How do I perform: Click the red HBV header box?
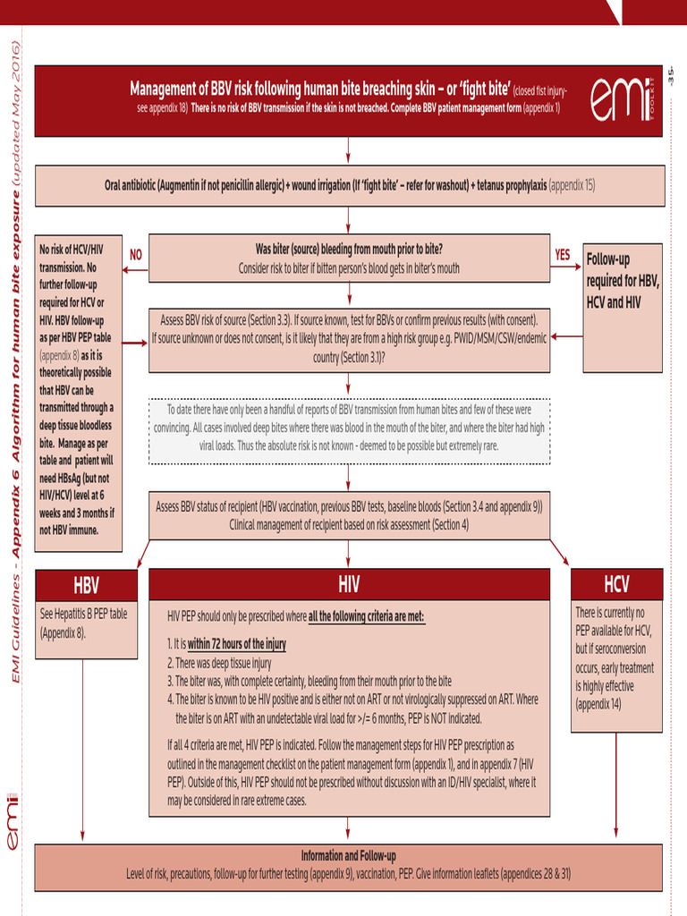pyautogui.click(x=86, y=586)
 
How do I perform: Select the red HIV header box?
pyautogui.click(x=349, y=585)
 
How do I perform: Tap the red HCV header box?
pyautogui.click(x=616, y=585)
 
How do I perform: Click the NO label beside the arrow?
pyautogui.click(x=136, y=255)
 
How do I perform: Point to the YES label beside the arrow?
pyautogui.click(x=562, y=254)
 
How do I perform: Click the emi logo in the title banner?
pyautogui.click(x=623, y=100)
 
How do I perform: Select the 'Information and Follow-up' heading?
pyautogui.click(x=349, y=855)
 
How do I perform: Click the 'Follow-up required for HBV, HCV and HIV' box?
pyautogui.click(x=623, y=281)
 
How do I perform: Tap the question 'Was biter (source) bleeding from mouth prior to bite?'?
pyautogui.click(x=349, y=249)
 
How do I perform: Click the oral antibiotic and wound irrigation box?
pyautogui.click(x=349, y=186)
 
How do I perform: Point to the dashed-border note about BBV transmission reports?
pyautogui.click(x=349, y=428)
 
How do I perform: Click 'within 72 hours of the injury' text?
pyautogui.click(x=237, y=644)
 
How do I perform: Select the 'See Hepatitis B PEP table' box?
pyautogui.click(x=86, y=623)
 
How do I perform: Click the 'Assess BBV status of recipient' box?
pyautogui.click(x=349, y=515)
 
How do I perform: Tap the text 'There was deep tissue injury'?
pyautogui.click(x=219, y=663)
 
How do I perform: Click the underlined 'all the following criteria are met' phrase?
pyautogui.click(x=366, y=616)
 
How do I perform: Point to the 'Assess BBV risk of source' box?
pyautogui.click(x=349, y=338)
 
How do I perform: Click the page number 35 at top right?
pyautogui.click(x=670, y=78)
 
